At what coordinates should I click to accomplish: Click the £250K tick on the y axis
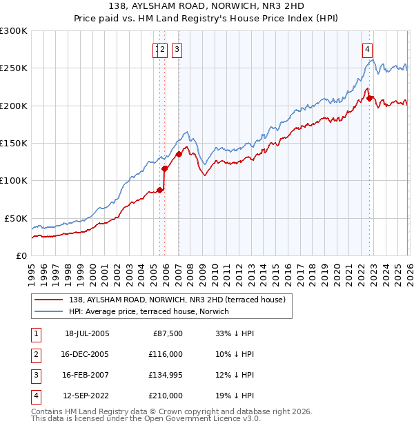[x=14, y=68]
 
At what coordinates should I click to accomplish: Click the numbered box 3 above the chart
[x=177, y=49]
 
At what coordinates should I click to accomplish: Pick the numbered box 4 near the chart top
[x=368, y=49]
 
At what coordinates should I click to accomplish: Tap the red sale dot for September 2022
[x=370, y=98]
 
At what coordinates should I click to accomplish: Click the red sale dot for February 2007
[x=179, y=154]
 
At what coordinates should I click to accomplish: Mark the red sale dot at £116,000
[x=164, y=168]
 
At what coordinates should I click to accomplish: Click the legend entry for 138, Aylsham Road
[x=181, y=299]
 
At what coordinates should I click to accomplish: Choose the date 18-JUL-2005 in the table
[x=87, y=333]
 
